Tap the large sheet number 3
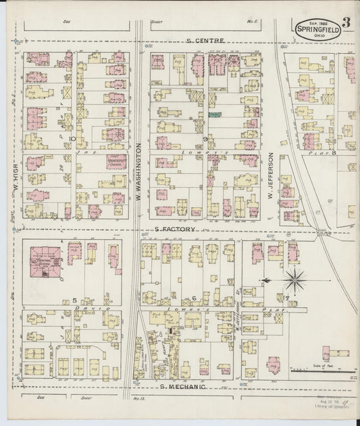click(x=346, y=20)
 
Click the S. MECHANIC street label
click(x=182, y=386)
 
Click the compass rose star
click(x=295, y=279)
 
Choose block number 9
click(x=204, y=138)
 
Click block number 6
click(x=194, y=298)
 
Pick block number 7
click(x=286, y=298)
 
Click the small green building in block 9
click(x=215, y=115)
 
